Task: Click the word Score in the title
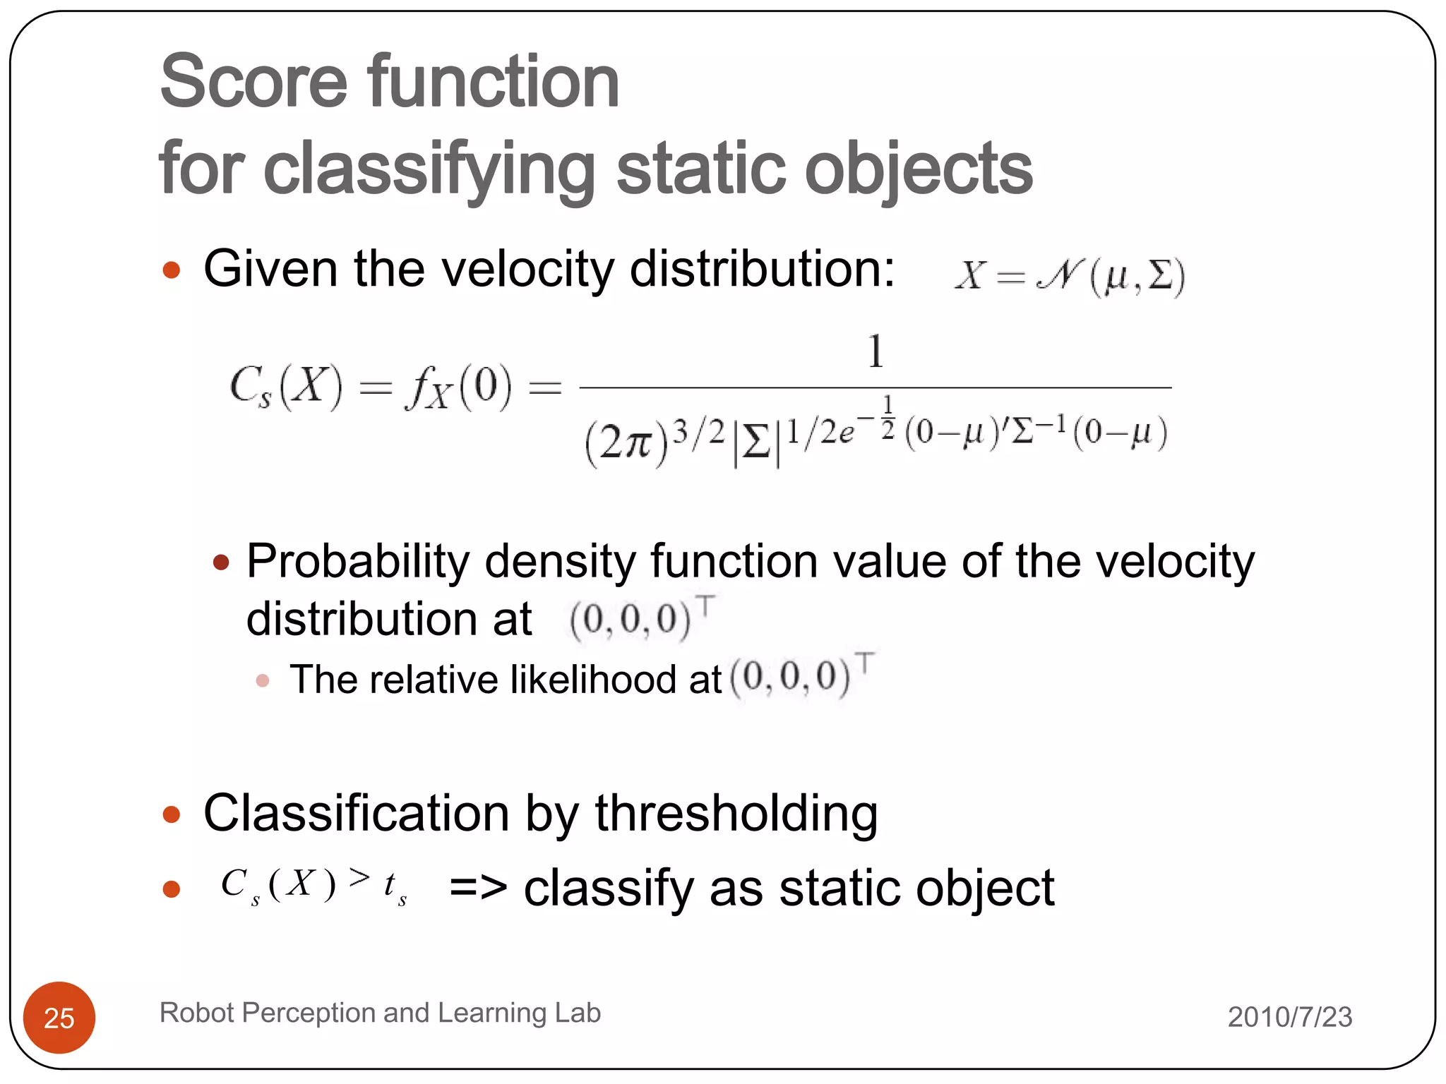pos(253,82)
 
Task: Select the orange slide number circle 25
pos(59,1017)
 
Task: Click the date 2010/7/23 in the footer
pos(1289,1017)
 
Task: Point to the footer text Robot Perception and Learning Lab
pos(380,1013)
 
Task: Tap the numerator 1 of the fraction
pos(876,351)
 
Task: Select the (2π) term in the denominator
pos(626,442)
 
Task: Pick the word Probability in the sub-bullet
pos(357,562)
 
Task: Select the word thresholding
pos(736,814)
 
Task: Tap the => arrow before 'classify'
pos(478,889)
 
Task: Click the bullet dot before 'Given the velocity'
pos(172,270)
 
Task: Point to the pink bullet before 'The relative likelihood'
pos(263,681)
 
